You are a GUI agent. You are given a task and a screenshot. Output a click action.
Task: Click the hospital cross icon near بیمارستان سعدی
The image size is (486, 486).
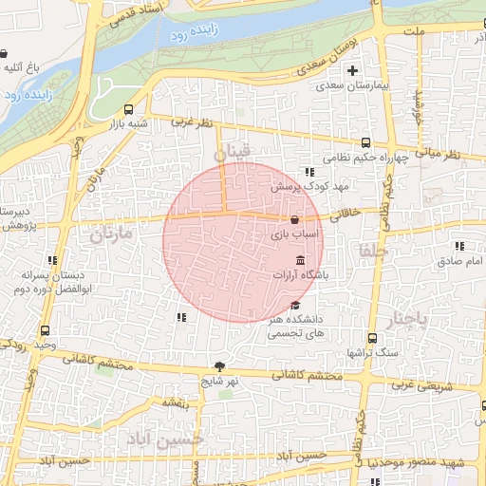(x=352, y=70)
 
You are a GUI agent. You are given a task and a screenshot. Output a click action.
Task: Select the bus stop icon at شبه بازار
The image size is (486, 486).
(x=129, y=109)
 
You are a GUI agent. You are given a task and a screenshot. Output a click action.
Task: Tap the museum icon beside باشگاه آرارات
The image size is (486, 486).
(x=300, y=261)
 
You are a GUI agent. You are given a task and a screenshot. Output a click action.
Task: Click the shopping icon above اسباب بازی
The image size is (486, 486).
(x=295, y=219)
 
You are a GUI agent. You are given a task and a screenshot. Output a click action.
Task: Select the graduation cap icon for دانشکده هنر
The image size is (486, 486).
(x=294, y=306)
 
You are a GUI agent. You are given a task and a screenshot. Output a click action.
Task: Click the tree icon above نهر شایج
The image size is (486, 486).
(x=220, y=366)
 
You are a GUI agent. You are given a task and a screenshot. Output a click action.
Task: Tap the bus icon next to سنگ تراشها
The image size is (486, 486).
(x=372, y=338)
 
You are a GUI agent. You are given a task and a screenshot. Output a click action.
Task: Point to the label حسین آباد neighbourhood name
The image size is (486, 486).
(x=179, y=441)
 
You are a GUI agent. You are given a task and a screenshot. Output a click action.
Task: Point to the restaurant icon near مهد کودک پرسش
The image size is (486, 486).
(x=309, y=172)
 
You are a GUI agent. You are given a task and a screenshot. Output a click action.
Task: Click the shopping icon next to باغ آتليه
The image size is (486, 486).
(x=5, y=54)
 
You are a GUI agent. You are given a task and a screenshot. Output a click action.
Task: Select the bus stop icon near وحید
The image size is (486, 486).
(x=47, y=330)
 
